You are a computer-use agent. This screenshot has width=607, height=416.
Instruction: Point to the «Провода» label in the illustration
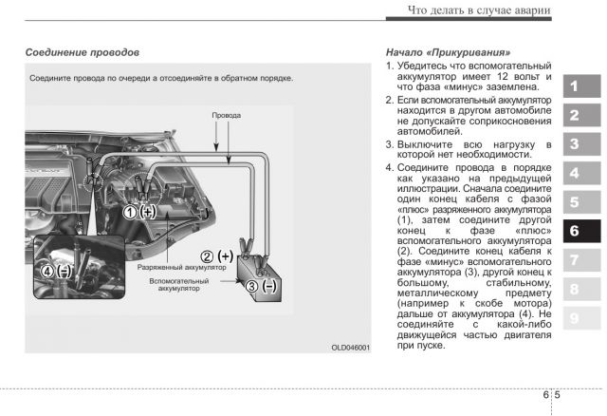coord(227,115)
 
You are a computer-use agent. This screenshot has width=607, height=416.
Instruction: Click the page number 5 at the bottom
coord(558,394)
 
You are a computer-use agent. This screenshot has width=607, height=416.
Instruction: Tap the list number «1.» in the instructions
coord(389,65)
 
